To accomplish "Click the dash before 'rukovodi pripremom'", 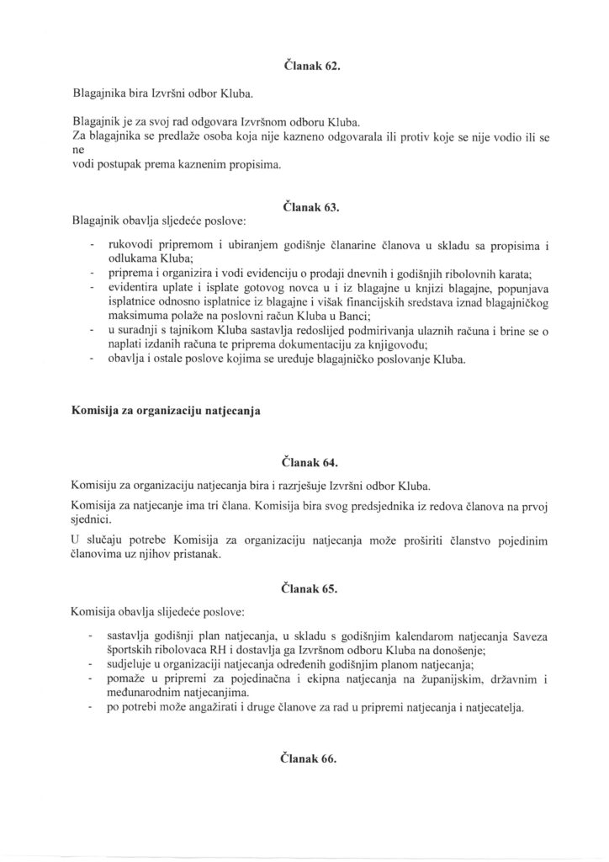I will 91,246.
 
